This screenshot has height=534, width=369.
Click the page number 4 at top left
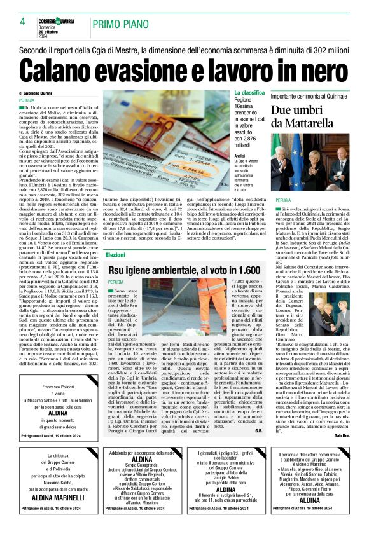coord(22,21)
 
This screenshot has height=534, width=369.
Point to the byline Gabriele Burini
coord(56,92)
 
